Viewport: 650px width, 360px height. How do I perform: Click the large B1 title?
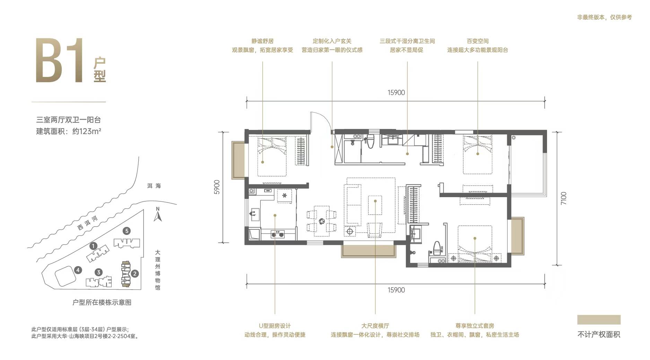point(60,60)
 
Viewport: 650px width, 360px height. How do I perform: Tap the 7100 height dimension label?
point(563,198)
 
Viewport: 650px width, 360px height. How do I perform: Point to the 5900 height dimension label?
point(217,187)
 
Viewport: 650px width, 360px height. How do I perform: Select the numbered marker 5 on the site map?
point(127,231)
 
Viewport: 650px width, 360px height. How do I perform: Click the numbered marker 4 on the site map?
point(78,270)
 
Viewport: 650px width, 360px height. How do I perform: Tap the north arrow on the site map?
point(158,214)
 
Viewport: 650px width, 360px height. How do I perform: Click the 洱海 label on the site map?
point(154,186)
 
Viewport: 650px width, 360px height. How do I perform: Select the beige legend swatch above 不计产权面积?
point(599,319)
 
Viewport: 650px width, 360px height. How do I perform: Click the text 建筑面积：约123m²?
point(69,131)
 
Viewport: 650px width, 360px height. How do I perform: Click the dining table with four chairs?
point(321,221)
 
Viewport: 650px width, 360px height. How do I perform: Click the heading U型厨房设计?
point(275,326)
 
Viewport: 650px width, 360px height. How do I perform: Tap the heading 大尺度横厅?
point(375,326)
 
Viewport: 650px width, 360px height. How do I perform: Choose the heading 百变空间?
point(477,41)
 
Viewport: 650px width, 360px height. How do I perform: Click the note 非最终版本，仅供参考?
point(604,17)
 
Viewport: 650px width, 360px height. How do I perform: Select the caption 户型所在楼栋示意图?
point(102,302)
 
